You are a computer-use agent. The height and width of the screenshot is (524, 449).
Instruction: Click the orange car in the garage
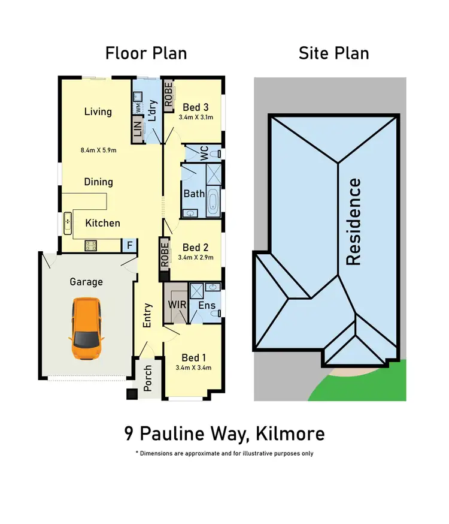87,329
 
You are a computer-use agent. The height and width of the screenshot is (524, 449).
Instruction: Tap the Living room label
98,112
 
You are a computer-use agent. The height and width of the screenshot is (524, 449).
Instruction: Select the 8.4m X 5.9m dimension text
99,150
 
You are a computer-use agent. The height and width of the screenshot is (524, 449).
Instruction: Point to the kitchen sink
68,222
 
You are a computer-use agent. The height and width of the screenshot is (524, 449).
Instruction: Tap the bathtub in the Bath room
213,201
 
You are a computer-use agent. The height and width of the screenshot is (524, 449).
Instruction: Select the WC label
203,153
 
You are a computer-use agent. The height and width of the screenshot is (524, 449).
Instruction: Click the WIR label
177,305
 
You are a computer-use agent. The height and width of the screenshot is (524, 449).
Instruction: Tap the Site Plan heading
333,53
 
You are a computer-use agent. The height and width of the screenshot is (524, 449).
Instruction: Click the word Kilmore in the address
293,433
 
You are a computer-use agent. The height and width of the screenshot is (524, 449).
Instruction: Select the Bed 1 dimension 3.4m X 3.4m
193,368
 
